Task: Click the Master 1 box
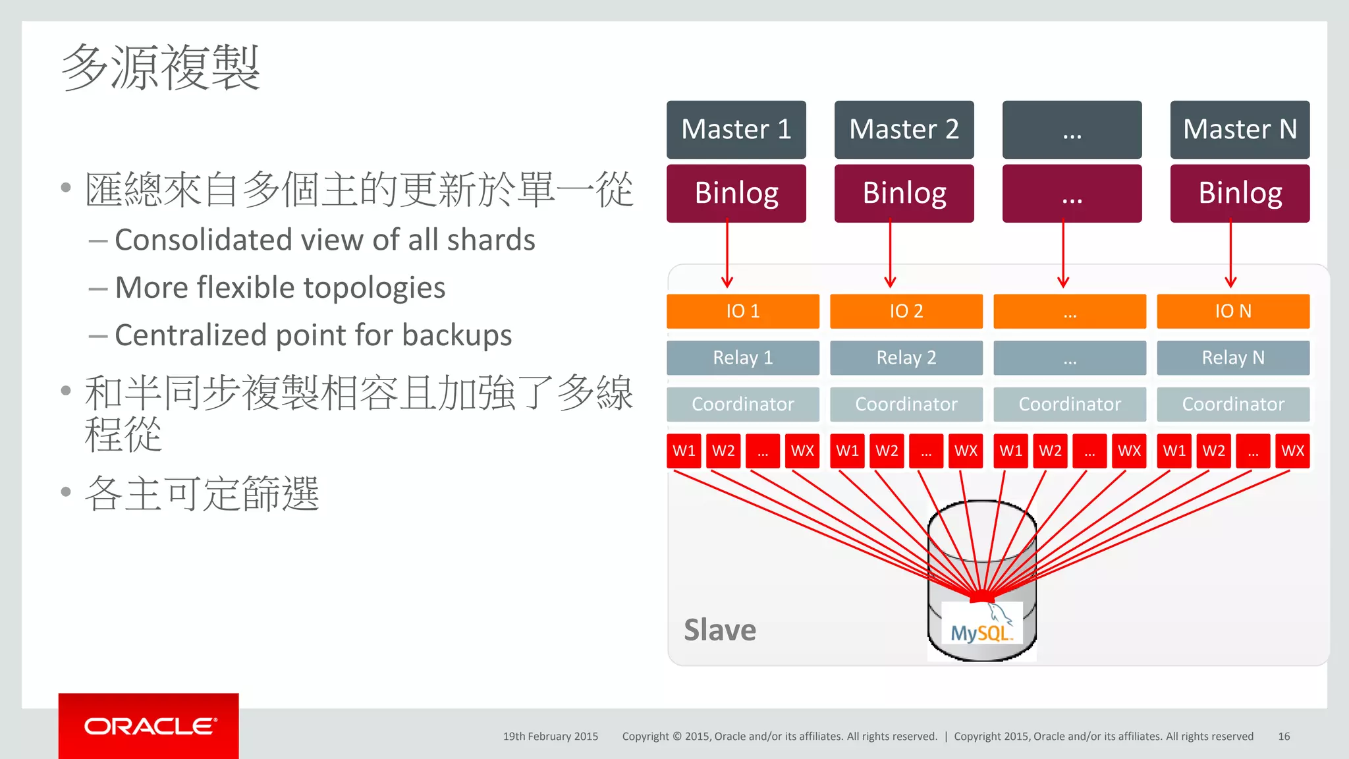pyautogui.click(x=736, y=129)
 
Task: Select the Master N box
pyautogui.click(x=1239, y=129)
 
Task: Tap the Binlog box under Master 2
pyautogui.click(x=904, y=193)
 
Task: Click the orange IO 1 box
pyautogui.click(x=742, y=311)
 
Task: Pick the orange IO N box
pyautogui.click(x=1232, y=311)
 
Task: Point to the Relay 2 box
pyautogui.click(x=906, y=358)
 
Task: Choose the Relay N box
pyautogui.click(x=1232, y=358)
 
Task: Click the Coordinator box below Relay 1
pyautogui.click(x=742, y=404)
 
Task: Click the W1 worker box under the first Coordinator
pyautogui.click(x=684, y=451)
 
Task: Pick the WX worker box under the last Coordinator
pyautogui.click(x=1292, y=451)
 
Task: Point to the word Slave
pyautogui.click(x=719, y=630)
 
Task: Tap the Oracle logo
pyautogui.click(x=149, y=726)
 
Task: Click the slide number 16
pyautogui.click(x=1283, y=737)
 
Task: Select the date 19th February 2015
pyautogui.click(x=551, y=737)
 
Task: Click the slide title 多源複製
pyautogui.click(x=161, y=67)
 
